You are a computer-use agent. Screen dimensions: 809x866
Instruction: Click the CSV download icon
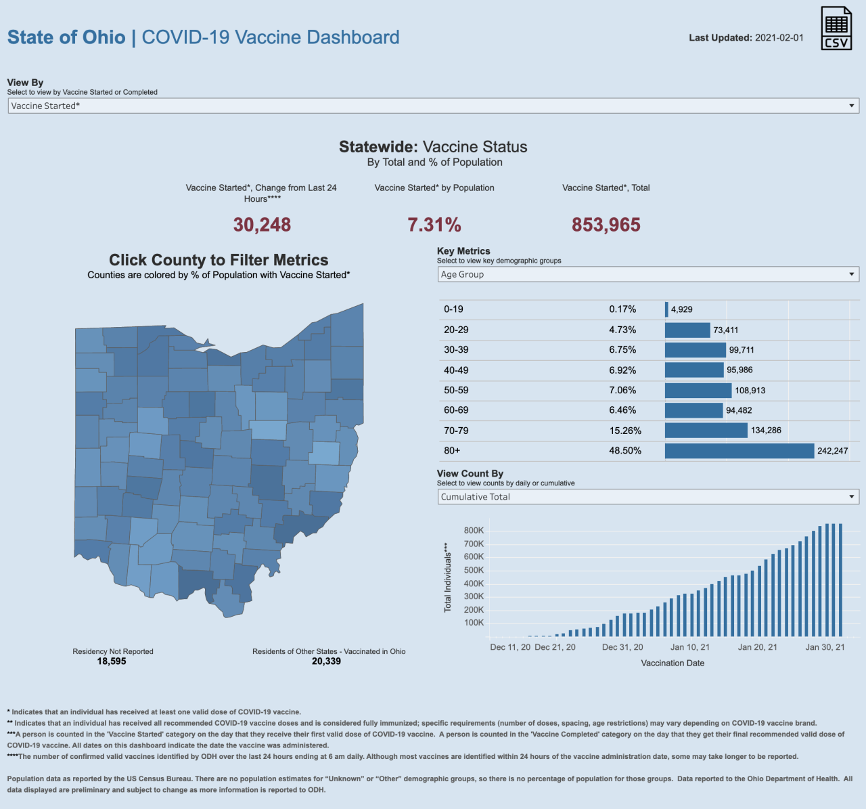tap(836, 28)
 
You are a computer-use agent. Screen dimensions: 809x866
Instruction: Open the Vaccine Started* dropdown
tap(433, 106)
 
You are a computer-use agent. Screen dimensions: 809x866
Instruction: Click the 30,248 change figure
tap(262, 225)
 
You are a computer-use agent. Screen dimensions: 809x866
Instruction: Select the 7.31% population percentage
tap(434, 225)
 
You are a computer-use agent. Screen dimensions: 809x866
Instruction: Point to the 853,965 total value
tap(606, 225)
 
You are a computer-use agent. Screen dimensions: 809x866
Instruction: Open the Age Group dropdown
tap(647, 274)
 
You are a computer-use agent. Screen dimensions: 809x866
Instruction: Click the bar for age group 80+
tap(739, 451)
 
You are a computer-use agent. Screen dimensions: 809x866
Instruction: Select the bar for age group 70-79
tap(706, 431)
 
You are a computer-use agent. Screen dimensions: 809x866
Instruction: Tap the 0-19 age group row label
tap(453, 309)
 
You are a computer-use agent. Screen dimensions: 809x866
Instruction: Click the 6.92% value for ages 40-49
tap(622, 370)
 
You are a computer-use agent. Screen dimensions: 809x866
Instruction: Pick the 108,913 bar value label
tap(750, 391)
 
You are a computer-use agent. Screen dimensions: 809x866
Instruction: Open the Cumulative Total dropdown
tap(647, 497)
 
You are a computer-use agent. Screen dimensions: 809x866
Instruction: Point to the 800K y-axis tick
tap(474, 531)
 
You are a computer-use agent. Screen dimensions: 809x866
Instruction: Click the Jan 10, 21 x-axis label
tap(689, 647)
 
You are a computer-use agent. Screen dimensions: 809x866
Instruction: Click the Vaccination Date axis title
tap(673, 663)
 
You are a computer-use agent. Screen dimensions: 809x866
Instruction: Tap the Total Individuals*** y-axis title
tap(447, 577)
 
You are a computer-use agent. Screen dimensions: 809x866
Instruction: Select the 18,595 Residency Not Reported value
tap(112, 661)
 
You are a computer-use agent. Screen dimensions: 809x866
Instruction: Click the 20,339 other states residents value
tap(326, 661)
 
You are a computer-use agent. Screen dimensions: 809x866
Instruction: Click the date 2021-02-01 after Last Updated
tap(779, 38)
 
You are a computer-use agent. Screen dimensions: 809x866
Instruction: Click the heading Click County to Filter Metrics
tap(219, 260)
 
